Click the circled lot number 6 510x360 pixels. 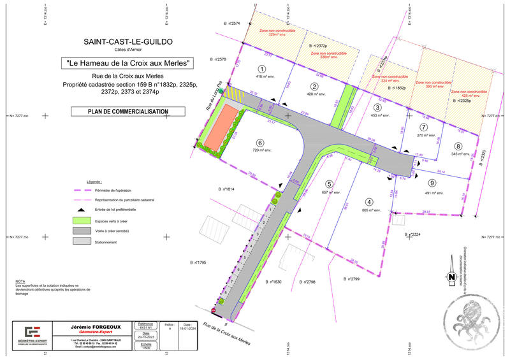[x=259, y=142]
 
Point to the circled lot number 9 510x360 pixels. [x=432, y=183]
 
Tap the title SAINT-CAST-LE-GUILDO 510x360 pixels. [x=128, y=42]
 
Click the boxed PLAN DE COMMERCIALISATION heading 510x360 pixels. [x=128, y=112]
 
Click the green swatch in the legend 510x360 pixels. [x=82, y=220]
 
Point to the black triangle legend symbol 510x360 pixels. [x=82, y=209]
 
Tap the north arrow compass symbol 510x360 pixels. [x=451, y=277]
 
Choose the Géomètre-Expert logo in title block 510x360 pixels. [x=33, y=334]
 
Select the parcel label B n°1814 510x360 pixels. [x=227, y=189]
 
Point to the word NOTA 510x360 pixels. [x=20, y=280]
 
